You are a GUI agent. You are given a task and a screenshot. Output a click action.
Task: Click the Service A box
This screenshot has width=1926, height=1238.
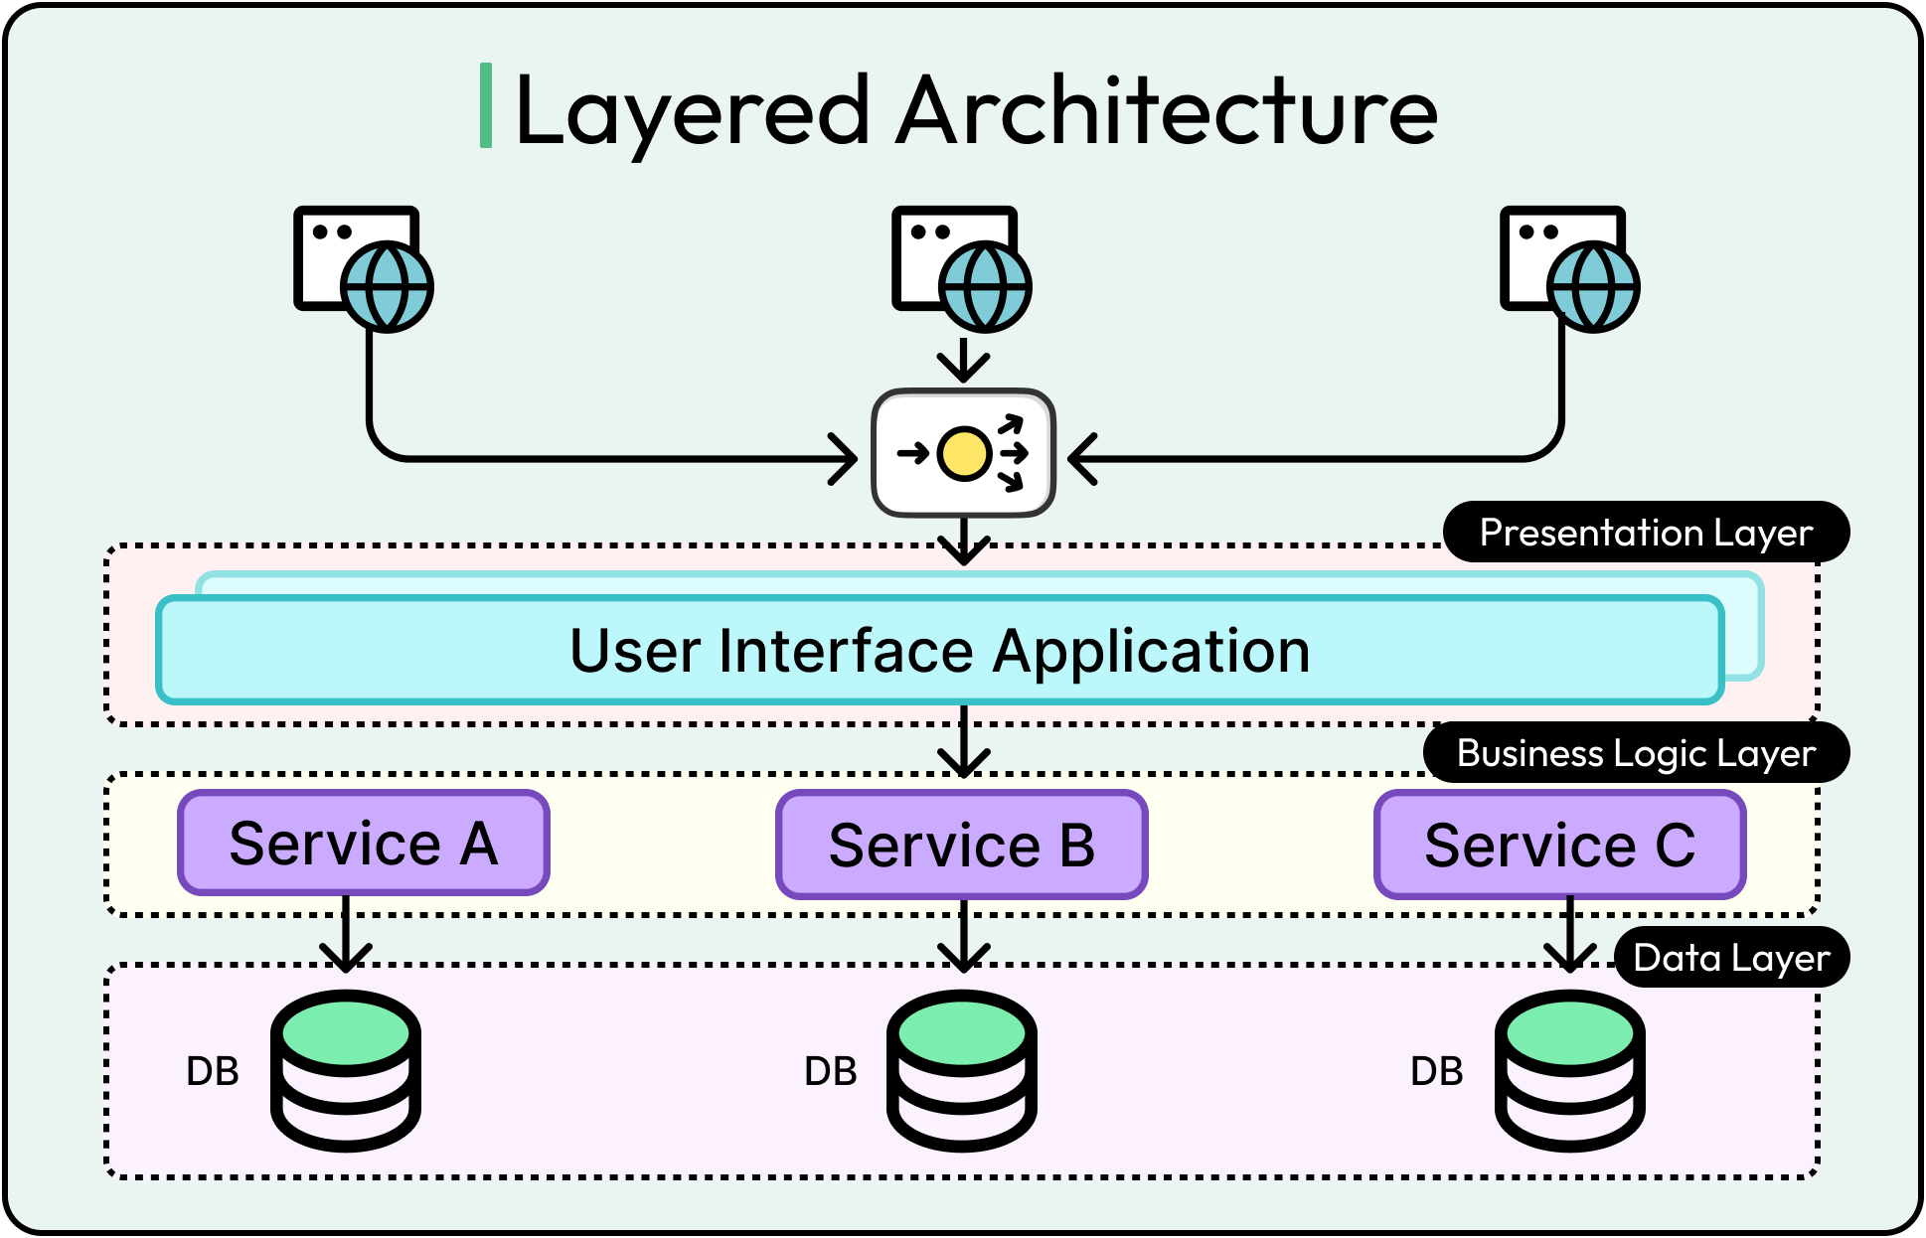pos(364,844)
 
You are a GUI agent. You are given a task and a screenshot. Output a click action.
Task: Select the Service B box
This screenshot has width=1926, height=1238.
pos(962,846)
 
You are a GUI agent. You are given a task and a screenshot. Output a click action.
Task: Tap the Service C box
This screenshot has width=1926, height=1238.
pos(1560,846)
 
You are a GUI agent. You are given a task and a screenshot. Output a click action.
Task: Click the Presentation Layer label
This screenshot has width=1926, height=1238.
pos(1646,533)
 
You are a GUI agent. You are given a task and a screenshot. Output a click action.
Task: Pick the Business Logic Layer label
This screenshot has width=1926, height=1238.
pos(1636,753)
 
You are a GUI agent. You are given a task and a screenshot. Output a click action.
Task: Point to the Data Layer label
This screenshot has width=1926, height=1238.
pos(1731,958)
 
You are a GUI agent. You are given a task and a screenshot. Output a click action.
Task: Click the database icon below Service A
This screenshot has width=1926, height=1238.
pos(346,1071)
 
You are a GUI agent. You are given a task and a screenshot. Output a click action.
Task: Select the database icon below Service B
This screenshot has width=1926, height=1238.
pos(962,1071)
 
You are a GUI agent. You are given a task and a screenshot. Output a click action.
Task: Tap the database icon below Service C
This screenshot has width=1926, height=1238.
pos(1570,1071)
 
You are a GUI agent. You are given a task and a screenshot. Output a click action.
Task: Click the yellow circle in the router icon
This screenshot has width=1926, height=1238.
pos(963,454)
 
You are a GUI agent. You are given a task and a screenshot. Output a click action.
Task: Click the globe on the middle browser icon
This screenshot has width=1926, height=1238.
pos(985,287)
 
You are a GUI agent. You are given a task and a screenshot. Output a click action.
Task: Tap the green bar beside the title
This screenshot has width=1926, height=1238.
pos(486,105)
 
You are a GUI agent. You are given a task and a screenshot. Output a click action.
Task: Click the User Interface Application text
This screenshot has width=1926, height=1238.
pos(939,651)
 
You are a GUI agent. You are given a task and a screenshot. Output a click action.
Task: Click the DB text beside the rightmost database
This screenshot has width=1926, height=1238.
pos(1436,1071)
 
